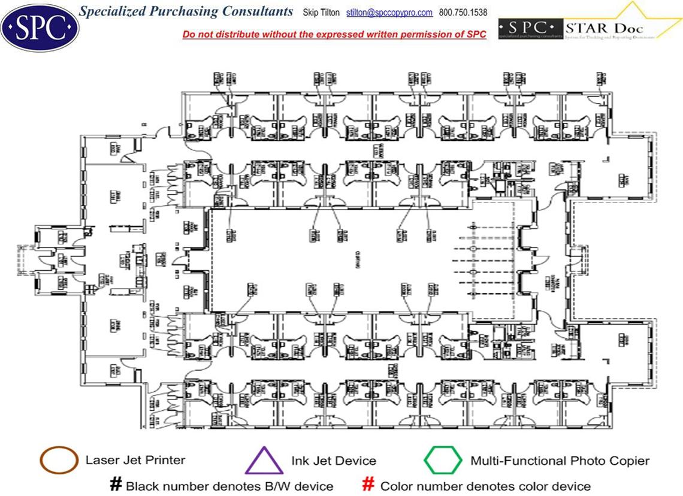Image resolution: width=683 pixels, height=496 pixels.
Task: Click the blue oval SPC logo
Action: coord(40,27)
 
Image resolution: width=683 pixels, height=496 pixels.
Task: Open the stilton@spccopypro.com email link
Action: coord(389,13)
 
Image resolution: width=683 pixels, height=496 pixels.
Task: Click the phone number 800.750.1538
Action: coord(463,13)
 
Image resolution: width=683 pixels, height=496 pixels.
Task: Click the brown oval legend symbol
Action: coord(59,461)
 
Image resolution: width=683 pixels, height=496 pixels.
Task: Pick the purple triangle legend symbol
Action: coord(264,462)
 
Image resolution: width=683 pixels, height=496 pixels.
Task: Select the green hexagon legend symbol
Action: coord(442,461)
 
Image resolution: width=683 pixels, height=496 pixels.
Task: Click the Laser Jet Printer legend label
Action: coord(135,461)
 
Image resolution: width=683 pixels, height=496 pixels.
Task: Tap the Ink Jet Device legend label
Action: coord(334,461)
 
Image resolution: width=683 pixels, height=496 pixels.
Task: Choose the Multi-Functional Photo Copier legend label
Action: coord(560,461)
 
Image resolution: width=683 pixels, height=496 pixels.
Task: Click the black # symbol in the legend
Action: coord(116,485)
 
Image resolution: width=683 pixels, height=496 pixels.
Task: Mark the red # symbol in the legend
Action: coord(370,485)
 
